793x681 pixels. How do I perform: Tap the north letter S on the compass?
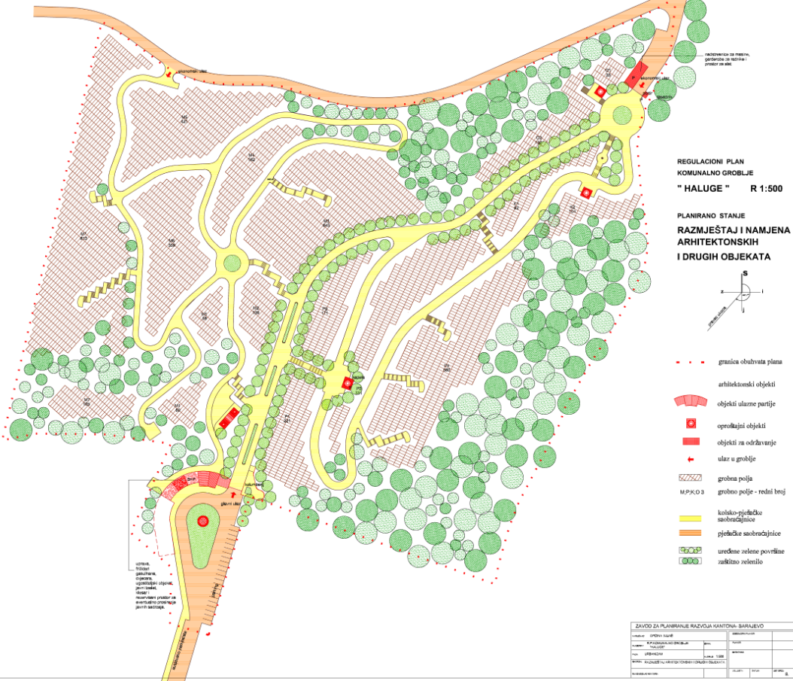[x=744, y=274]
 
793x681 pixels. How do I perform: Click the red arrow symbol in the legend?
[x=690, y=459]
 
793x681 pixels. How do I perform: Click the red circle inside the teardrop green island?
[x=201, y=521]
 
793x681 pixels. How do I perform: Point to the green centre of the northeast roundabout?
[x=621, y=114]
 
